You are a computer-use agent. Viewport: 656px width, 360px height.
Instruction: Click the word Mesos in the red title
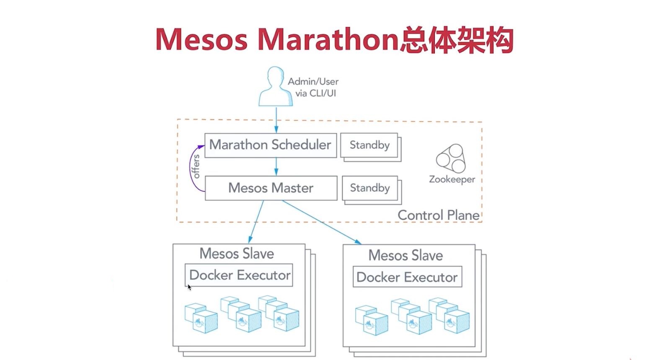201,40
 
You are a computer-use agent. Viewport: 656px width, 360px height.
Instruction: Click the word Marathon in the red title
327,40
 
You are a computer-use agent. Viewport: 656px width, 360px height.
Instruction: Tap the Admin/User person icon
275,87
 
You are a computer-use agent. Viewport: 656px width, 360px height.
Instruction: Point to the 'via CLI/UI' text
315,93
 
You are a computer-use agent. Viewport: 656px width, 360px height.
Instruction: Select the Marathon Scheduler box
270,145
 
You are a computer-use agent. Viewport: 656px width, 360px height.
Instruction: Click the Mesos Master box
271,188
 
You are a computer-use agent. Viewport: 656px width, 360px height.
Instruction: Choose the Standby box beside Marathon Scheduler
369,145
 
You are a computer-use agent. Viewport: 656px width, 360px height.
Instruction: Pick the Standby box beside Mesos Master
370,188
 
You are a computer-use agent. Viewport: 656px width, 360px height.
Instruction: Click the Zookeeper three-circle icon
451,158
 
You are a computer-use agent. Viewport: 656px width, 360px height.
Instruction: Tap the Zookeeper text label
452,179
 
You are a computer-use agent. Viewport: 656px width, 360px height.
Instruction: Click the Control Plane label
438,215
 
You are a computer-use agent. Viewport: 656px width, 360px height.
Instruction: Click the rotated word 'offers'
196,166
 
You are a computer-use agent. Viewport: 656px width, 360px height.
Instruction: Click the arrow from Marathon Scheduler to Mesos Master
276,166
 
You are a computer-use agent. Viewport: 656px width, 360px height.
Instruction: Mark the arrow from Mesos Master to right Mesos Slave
321,222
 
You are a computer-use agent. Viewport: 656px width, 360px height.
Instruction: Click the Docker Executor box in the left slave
239,275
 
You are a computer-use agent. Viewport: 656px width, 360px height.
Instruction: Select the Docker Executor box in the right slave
407,277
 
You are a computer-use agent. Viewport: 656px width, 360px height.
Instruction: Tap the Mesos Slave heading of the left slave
237,254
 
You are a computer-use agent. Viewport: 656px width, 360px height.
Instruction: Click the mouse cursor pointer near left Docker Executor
189,287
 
